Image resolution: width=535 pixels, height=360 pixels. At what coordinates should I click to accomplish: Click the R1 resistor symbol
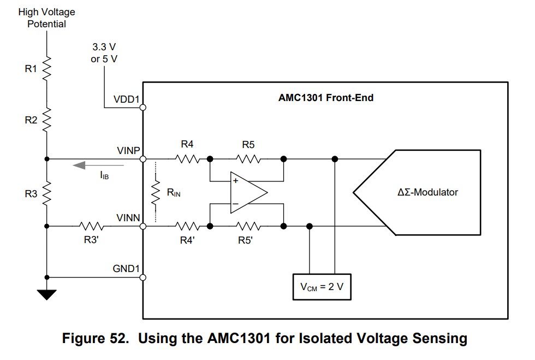47,69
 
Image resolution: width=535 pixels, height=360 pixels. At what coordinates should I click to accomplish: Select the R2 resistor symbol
47,120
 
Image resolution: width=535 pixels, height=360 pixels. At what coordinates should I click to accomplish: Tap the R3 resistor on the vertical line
47,192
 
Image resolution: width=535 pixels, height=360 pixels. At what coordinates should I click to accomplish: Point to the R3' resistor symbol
91,226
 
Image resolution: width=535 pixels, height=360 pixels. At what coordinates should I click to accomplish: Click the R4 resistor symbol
187,159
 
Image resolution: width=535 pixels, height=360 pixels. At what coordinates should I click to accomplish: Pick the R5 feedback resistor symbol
248,159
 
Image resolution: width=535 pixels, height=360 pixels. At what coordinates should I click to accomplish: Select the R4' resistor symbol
187,226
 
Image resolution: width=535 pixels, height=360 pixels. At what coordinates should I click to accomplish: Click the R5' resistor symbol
248,226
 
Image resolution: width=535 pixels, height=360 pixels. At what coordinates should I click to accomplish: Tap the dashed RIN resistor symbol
156,192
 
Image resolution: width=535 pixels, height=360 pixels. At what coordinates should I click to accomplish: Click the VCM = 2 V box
322,286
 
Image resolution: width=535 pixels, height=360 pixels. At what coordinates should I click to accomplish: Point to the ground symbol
47,295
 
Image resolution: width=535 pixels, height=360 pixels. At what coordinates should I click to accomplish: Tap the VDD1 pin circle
143,108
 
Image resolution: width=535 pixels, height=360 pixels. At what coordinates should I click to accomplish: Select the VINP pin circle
143,159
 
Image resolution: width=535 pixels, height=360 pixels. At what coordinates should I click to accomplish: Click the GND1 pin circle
143,278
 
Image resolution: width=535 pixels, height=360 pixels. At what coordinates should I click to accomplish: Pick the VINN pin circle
143,226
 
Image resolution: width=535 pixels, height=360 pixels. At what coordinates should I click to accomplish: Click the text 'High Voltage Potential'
46,17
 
